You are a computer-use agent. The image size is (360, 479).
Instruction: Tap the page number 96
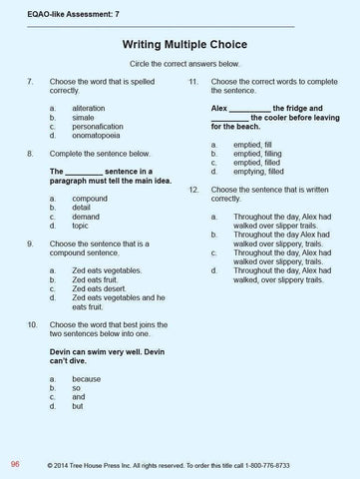point(15,464)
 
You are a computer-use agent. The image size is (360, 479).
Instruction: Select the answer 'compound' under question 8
point(91,199)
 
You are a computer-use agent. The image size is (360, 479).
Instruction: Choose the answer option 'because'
point(88,380)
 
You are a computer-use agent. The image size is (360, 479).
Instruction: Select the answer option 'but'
point(79,407)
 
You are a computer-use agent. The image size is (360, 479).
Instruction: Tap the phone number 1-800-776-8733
point(297,465)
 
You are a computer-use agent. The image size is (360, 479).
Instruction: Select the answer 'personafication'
point(102,125)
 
